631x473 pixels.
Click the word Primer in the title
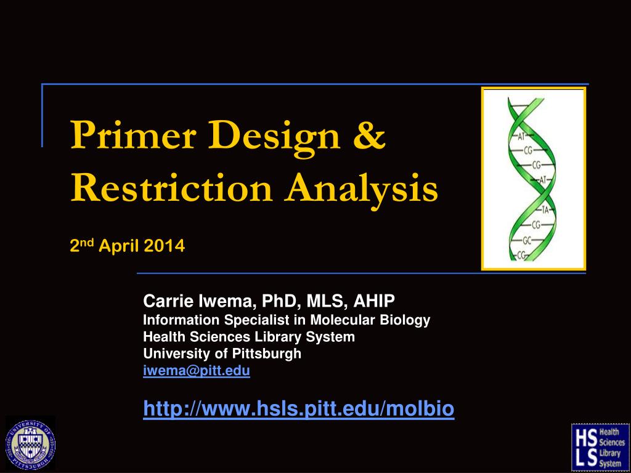[133, 134]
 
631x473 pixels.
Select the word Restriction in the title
[172, 188]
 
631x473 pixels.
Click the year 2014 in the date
[164, 246]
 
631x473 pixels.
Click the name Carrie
[168, 301]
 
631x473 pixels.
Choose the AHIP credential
[374, 301]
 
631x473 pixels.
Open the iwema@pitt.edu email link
[197, 370]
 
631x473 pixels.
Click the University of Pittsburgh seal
[30, 445]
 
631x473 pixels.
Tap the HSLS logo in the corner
[600, 447]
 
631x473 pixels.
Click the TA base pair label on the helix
[545, 209]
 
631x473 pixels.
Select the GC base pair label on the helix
[527, 241]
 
